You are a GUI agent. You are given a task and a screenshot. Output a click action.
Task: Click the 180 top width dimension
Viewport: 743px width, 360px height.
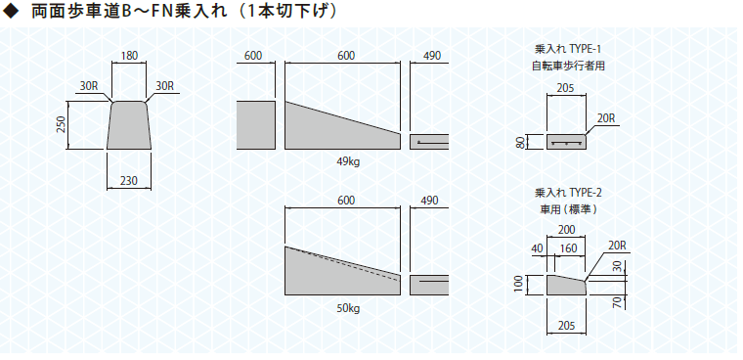[129, 56]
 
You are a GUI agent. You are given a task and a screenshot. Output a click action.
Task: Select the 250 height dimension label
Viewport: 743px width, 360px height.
[62, 125]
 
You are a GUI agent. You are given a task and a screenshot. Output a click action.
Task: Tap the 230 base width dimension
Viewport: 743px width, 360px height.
[129, 181]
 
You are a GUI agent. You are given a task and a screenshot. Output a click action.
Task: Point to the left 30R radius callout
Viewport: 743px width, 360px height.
[88, 86]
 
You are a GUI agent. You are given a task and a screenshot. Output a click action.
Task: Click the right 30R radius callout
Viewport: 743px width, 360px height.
[165, 86]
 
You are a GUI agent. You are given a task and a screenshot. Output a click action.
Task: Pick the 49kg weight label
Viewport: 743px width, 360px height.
[348, 162]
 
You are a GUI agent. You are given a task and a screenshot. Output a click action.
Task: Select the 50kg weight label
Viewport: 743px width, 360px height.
[348, 309]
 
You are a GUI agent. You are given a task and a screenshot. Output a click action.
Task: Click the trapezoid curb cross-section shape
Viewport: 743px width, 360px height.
[129, 125]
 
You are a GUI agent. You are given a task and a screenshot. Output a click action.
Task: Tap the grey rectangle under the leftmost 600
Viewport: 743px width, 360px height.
[256, 125]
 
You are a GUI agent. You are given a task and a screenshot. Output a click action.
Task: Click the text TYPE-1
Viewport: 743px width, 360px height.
[586, 49]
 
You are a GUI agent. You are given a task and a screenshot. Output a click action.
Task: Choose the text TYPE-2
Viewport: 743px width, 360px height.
[586, 193]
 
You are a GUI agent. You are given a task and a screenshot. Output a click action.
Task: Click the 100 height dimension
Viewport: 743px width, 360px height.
[521, 285]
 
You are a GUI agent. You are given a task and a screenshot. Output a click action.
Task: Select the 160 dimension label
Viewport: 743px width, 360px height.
[569, 248]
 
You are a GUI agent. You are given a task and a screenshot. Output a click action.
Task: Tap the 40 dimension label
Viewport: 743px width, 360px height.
[538, 248]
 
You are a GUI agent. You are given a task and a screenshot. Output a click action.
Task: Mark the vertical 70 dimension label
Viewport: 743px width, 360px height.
[617, 302]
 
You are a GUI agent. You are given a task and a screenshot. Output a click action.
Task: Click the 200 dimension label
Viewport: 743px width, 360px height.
[566, 230]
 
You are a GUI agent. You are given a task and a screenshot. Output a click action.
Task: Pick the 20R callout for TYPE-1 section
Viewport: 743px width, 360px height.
[606, 118]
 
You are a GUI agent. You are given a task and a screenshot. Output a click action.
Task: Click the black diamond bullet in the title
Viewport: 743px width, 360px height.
[10, 12]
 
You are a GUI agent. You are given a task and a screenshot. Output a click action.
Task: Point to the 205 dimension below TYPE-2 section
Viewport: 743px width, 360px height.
[566, 326]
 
